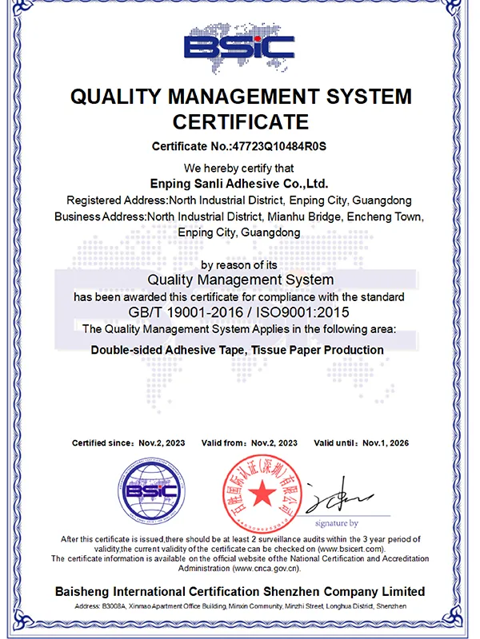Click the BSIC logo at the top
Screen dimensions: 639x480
tap(240, 45)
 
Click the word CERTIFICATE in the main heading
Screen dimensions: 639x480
tap(241, 122)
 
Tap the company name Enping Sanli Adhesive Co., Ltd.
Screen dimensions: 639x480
tap(240, 183)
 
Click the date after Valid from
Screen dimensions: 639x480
tap(274, 443)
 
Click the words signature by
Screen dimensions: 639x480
tap(336, 523)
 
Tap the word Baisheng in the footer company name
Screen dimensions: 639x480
tap(87, 592)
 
